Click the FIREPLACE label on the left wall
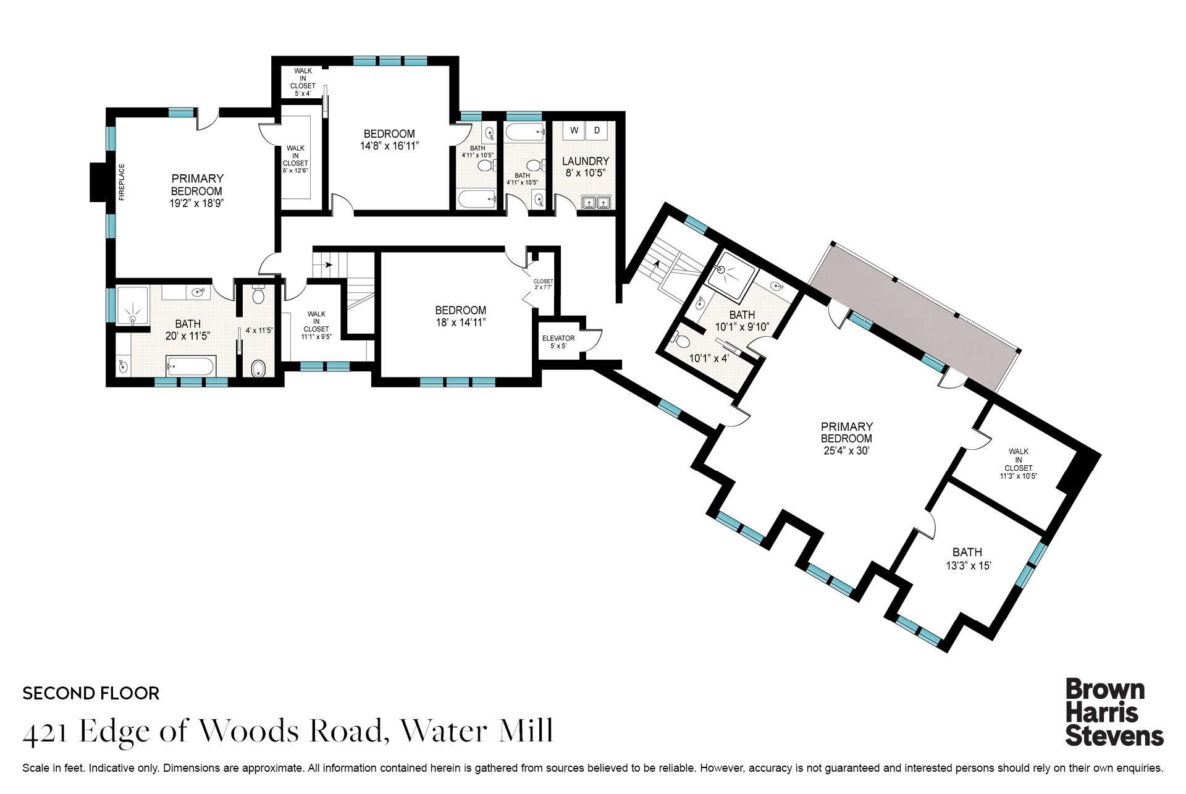point(122,182)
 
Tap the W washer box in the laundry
point(574,130)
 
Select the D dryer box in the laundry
point(597,130)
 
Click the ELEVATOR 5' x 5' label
point(558,342)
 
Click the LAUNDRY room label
point(585,161)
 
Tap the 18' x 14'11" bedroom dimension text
point(460,322)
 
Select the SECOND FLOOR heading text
point(91,693)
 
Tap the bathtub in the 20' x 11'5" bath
point(190,367)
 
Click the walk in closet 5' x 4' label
point(303,82)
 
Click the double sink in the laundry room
point(597,203)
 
